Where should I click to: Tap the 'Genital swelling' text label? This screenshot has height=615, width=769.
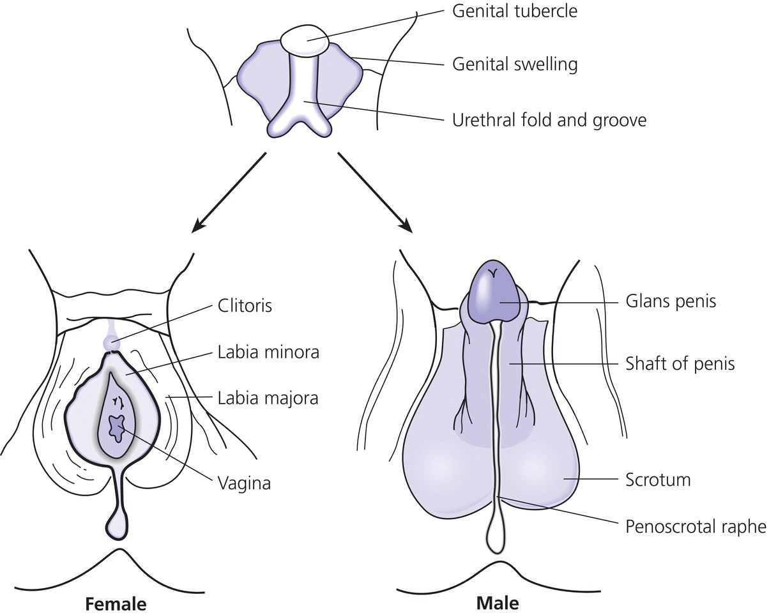click(515, 64)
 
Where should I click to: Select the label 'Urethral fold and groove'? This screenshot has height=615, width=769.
click(549, 119)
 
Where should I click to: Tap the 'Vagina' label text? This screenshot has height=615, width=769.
click(242, 483)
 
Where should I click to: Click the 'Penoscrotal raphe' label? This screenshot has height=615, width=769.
click(694, 527)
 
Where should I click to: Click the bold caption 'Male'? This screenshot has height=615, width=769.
click(498, 603)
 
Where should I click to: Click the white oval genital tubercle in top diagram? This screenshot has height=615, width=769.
click(305, 41)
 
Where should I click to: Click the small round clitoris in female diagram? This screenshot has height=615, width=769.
click(112, 341)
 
